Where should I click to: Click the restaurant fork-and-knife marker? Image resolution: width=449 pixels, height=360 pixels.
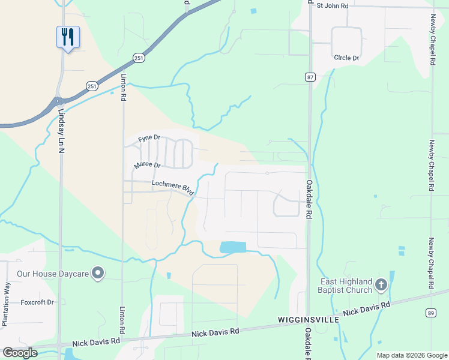point(67,37)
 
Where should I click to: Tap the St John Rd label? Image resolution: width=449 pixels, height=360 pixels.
point(332,5)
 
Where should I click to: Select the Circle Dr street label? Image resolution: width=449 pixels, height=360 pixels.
point(346,58)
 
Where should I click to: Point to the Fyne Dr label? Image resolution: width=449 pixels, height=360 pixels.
point(149,139)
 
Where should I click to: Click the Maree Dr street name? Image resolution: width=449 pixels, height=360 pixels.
point(148,165)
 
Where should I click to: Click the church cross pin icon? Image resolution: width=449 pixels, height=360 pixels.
point(381,285)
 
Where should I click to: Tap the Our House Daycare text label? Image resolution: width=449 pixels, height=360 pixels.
point(53,274)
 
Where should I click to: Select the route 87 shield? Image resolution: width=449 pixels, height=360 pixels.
point(310,77)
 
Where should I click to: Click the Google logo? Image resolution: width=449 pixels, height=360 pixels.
point(19,353)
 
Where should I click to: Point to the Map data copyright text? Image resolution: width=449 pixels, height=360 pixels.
point(412,355)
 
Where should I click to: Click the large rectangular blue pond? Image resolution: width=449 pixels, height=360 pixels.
point(233,247)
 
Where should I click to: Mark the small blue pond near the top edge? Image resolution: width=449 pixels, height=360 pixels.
point(253,11)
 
